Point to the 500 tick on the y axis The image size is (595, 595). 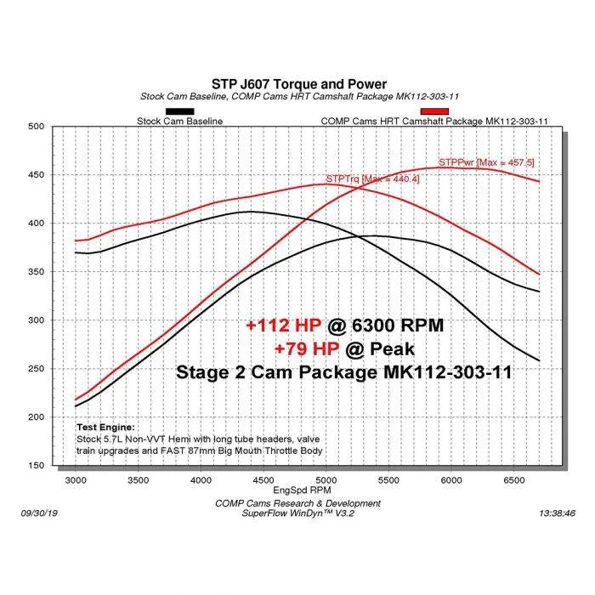[x=35, y=127]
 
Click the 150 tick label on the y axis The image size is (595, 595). [x=35, y=466]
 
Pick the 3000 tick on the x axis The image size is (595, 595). [x=76, y=480]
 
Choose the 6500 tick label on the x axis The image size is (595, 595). [x=513, y=480]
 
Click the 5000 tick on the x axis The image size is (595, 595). [x=326, y=480]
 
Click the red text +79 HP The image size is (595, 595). [x=306, y=348]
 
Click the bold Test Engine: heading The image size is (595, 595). [x=105, y=427]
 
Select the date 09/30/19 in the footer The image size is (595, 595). [x=39, y=513]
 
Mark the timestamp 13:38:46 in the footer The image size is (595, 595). [x=556, y=513]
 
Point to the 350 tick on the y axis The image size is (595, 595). [x=35, y=272]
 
